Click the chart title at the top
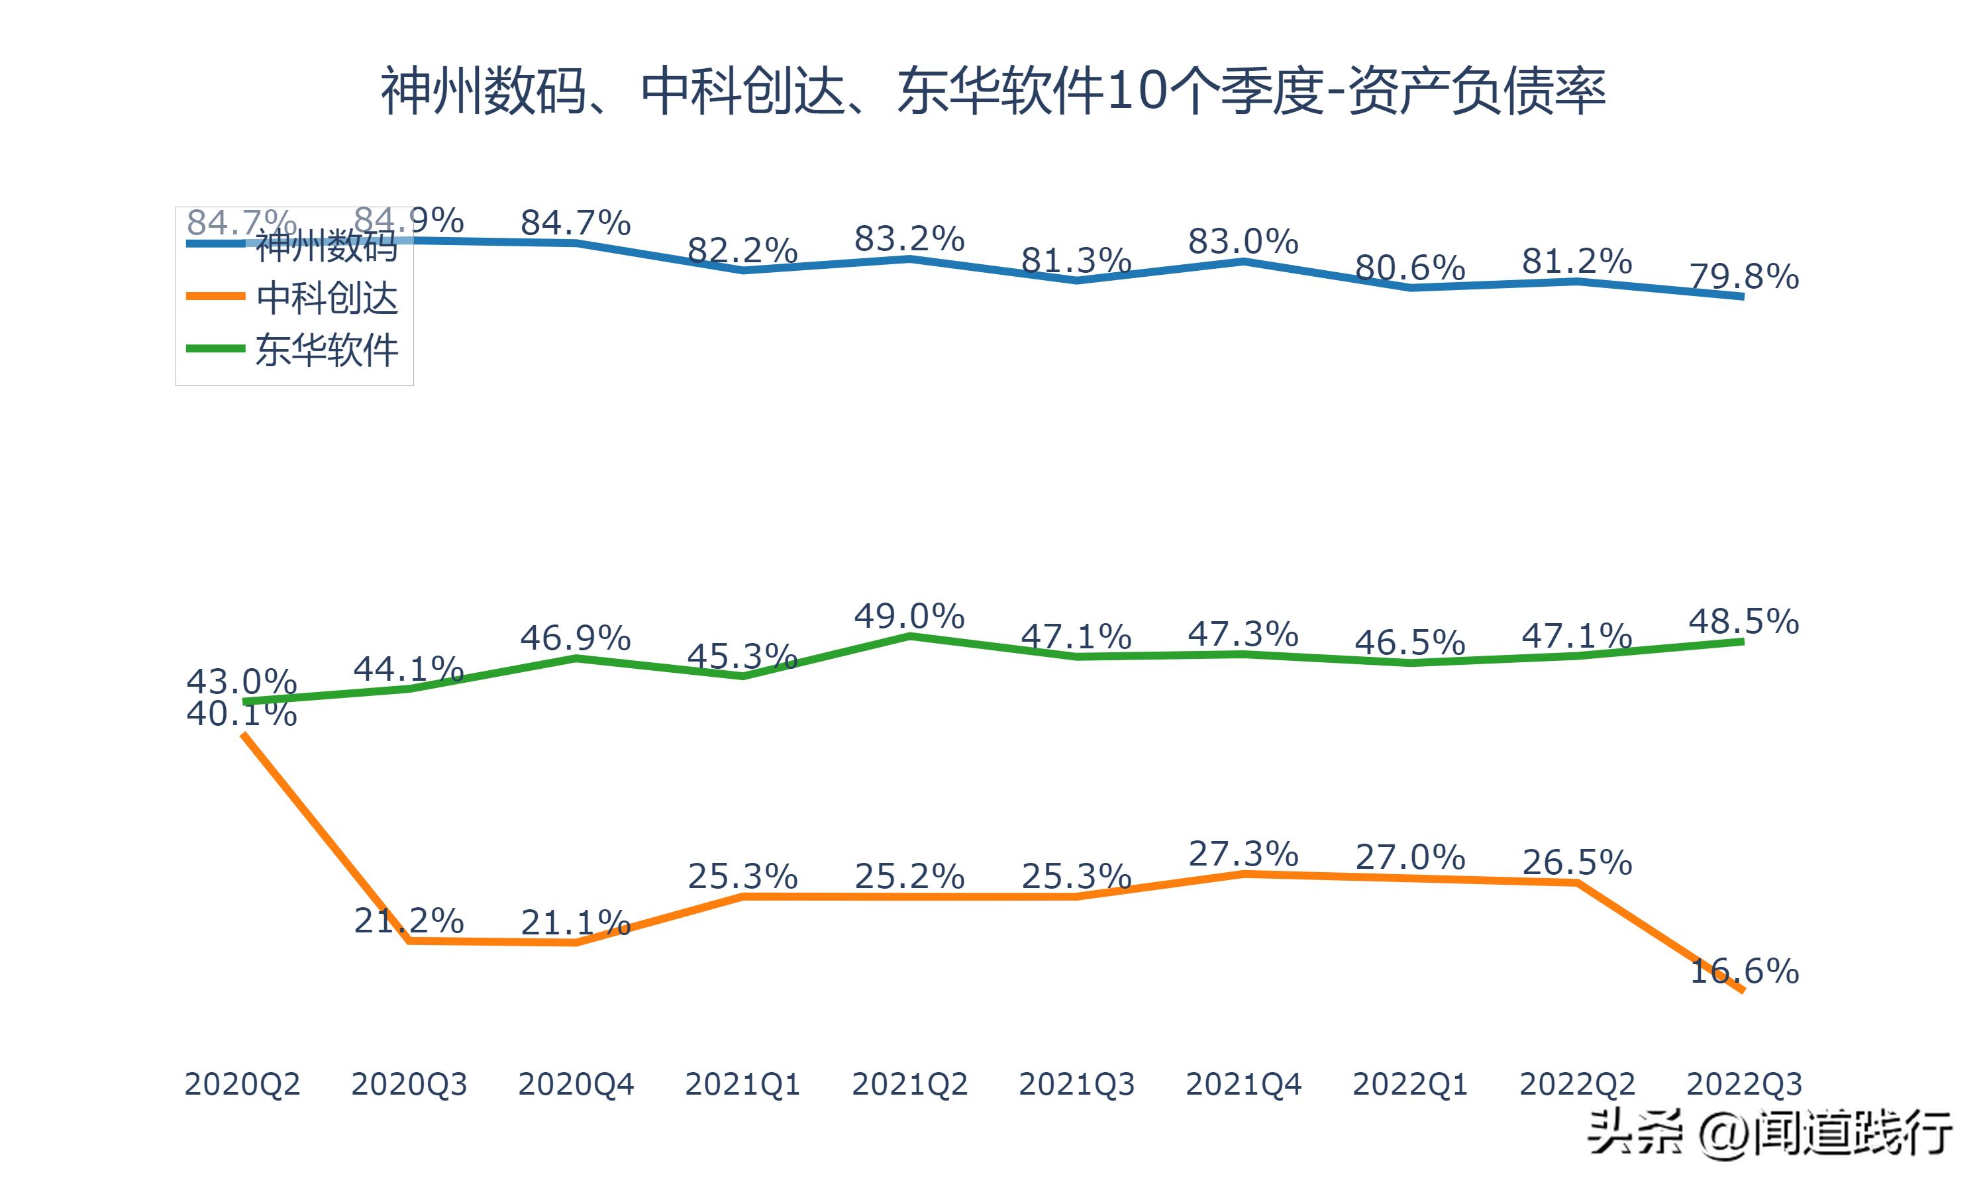993,91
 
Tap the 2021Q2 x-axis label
909,1084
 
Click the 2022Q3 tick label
1744,1084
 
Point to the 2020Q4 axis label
576,1084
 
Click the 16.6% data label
1744,971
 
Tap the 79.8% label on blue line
1744,277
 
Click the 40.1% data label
242,713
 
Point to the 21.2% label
409,920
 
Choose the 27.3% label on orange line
1243,854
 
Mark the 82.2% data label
742,250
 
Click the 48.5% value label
1744,622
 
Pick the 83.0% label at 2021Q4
1243,242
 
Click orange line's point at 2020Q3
409,940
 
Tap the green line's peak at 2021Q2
909,636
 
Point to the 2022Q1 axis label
1410,1084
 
